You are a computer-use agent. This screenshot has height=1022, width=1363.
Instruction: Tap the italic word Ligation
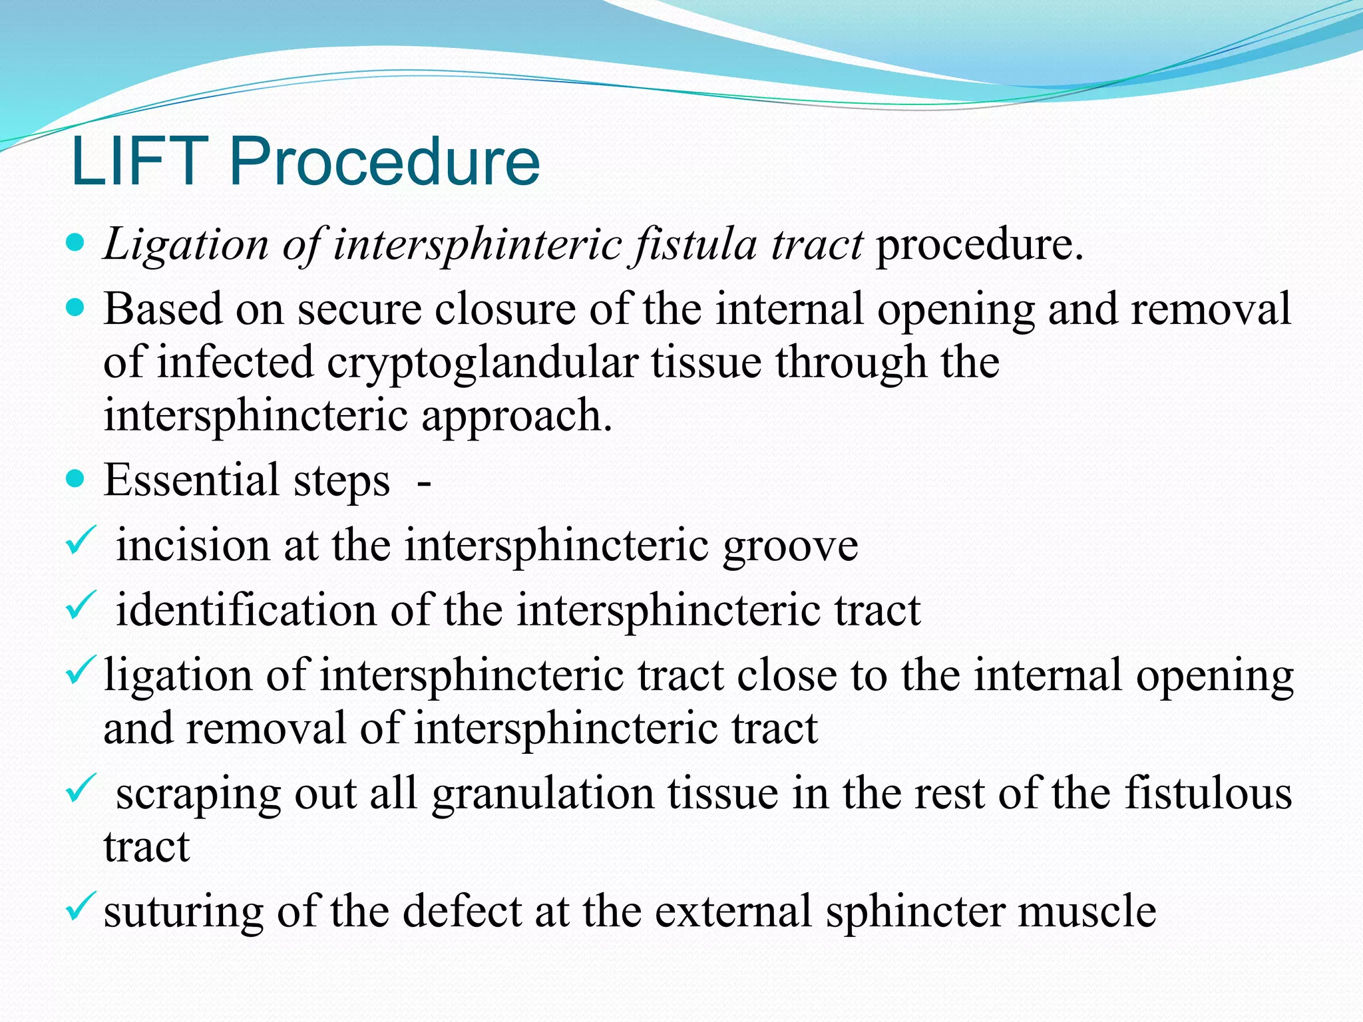[x=186, y=245]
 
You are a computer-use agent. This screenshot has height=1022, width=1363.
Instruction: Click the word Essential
[x=191, y=480]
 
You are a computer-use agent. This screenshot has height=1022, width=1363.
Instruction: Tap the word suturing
[x=184, y=912]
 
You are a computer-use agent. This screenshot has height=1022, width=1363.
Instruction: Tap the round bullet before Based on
[x=77, y=308]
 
